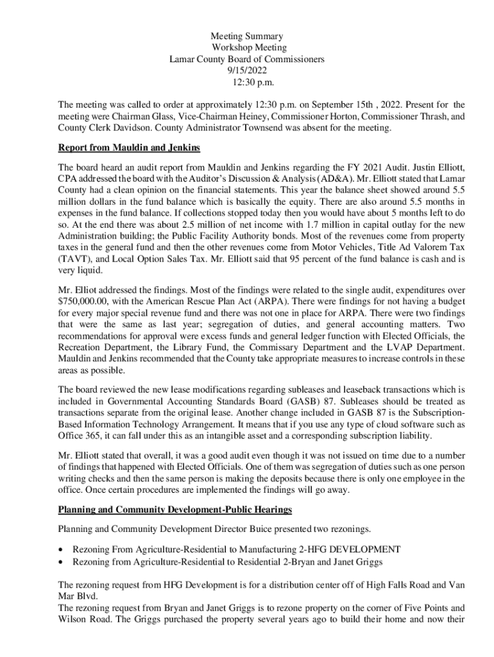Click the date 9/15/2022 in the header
point(246,71)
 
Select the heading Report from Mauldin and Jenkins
point(129,148)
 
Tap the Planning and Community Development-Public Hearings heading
point(175,509)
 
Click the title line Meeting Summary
point(247,37)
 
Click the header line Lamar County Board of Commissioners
point(247,59)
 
